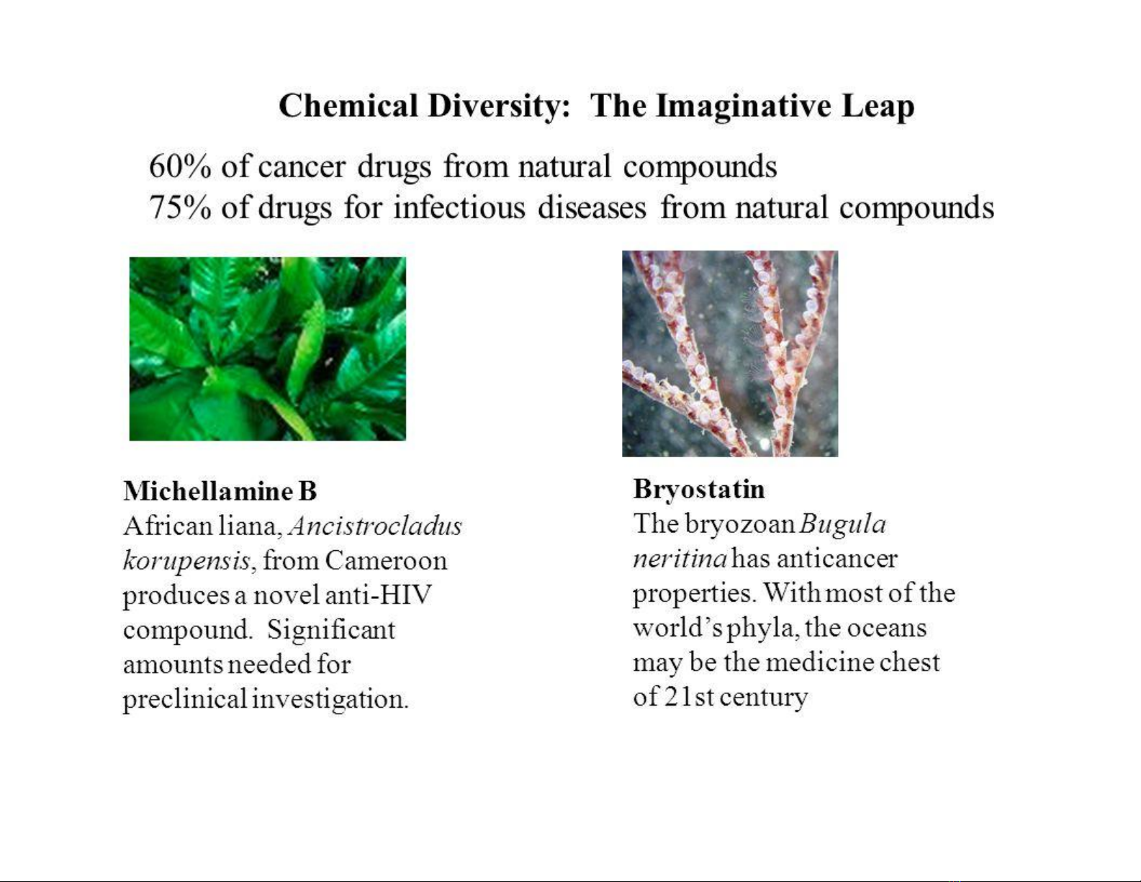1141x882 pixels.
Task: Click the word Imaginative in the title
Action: (x=742, y=107)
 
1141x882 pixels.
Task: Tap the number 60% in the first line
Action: (x=180, y=166)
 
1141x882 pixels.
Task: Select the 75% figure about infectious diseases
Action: (x=180, y=207)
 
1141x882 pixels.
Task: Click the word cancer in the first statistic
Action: (x=302, y=168)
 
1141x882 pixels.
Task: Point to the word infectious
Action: (x=459, y=207)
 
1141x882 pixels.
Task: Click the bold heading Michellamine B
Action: (x=220, y=491)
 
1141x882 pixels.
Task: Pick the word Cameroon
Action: (x=386, y=561)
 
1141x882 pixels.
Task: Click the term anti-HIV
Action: (x=378, y=595)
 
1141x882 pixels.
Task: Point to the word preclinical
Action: (x=185, y=700)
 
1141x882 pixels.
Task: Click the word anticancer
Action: (x=836, y=559)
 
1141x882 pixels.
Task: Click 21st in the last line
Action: (x=688, y=698)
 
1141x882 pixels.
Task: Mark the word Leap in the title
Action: (x=878, y=107)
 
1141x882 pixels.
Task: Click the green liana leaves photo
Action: (x=267, y=348)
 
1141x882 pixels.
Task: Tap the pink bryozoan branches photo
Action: (x=730, y=354)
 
